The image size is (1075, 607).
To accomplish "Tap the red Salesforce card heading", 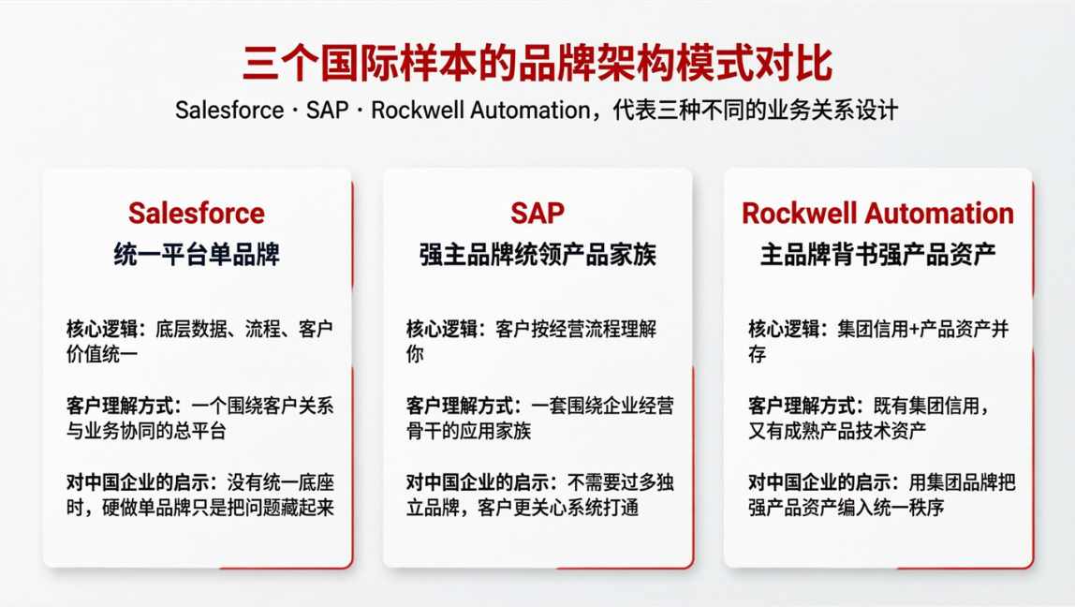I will (197, 214).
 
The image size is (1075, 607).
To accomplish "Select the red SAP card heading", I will (537, 214).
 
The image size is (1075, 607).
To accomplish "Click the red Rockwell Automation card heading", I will (877, 214).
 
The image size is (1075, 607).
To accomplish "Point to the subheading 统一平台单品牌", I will (197, 254).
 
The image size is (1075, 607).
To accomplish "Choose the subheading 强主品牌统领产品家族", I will (537, 254).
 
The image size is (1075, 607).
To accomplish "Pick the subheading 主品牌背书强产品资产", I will (877, 254).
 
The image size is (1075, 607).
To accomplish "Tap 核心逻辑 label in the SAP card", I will (443, 330).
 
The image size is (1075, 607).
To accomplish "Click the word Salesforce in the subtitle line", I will (229, 111).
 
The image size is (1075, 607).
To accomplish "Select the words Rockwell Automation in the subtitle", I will (480, 111).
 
